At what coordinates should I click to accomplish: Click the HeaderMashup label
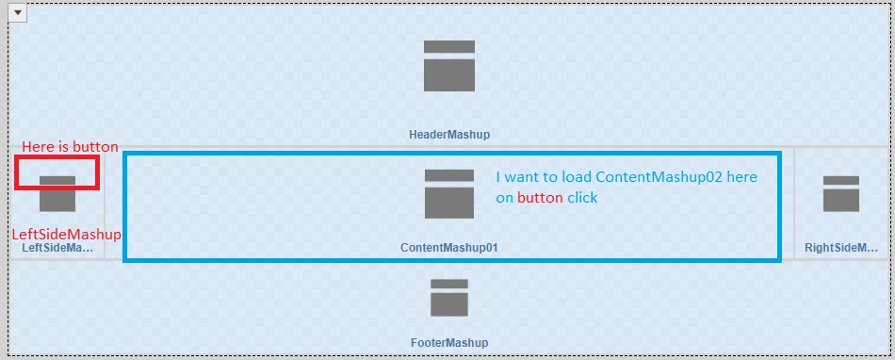(x=449, y=135)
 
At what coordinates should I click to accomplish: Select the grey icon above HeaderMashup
(x=449, y=66)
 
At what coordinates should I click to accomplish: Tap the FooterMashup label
(x=449, y=343)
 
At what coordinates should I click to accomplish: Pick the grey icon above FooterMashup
(x=449, y=297)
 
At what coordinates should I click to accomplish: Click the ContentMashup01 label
(x=449, y=248)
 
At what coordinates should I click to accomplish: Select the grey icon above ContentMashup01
(x=449, y=193)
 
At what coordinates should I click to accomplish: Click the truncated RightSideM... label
(x=841, y=248)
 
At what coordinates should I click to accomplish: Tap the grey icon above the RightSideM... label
(x=840, y=193)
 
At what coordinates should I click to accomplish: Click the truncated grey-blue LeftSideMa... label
(x=57, y=248)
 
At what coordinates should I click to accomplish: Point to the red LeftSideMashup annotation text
(x=67, y=235)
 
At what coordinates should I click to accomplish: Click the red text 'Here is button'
(x=71, y=147)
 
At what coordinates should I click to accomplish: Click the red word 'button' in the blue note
(x=540, y=197)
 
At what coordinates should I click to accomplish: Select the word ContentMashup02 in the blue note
(x=659, y=177)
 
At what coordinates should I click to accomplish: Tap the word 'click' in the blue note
(x=582, y=197)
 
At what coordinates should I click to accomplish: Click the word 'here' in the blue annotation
(x=742, y=177)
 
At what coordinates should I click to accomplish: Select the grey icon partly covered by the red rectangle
(x=57, y=194)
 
